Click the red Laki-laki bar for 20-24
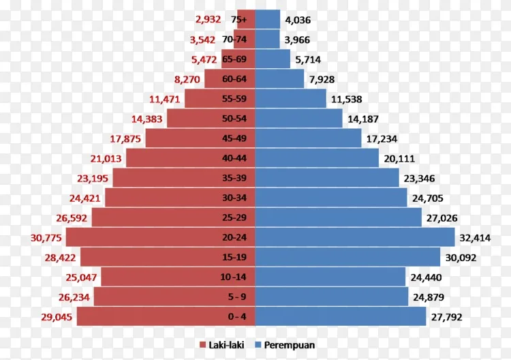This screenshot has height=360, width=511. (160, 237)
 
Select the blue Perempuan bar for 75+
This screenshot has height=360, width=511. (268, 19)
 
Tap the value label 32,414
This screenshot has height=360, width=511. (475, 238)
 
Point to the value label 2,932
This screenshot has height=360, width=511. (208, 20)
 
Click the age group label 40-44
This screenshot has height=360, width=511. (234, 158)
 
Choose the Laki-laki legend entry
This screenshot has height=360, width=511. (221, 345)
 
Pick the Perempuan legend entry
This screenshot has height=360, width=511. (285, 345)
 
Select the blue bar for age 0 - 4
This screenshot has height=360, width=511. (341, 316)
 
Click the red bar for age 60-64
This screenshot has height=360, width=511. (230, 78)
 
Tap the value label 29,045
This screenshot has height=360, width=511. (57, 317)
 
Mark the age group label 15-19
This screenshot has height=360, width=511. (234, 257)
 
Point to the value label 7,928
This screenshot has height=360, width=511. (322, 80)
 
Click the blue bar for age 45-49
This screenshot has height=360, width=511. (308, 138)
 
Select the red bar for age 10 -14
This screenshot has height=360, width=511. (178, 277)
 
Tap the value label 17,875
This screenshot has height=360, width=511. (125, 139)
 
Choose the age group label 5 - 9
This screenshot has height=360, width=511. (237, 297)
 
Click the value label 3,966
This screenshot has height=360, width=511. (297, 40)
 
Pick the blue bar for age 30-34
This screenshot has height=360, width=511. (331, 198)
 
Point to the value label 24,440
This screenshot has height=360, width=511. (426, 277)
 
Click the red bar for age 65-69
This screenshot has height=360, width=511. (238, 59)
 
